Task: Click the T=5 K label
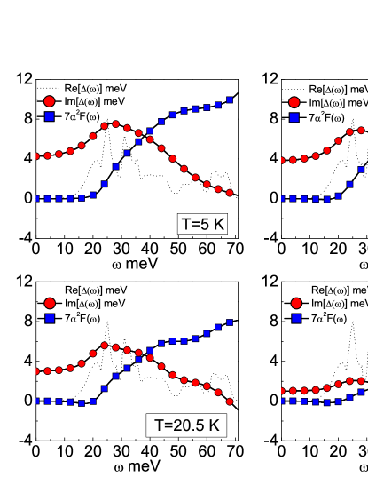point(203,224)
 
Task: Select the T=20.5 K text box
point(186,425)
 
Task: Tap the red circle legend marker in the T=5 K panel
point(50,101)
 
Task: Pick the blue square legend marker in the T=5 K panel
point(50,116)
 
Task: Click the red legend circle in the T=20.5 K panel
point(50,303)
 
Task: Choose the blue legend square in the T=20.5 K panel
point(50,318)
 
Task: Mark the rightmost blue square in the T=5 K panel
point(230,100)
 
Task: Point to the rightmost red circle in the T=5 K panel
point(230,193)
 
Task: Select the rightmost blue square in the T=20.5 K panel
point(230,322)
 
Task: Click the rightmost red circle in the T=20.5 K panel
point(230,401)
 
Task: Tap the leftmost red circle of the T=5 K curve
point(36,156)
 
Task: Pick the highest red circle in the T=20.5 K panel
point(105,346)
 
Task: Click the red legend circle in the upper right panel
point(294,102)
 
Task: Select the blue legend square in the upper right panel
point(294,117)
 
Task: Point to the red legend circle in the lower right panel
point(296,303)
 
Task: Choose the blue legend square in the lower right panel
point(296,318)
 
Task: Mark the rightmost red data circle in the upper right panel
point(362,131)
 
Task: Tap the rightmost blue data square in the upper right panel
point(362,169)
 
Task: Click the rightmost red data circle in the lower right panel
point(362,380)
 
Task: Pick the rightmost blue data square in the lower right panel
point(362,392)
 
